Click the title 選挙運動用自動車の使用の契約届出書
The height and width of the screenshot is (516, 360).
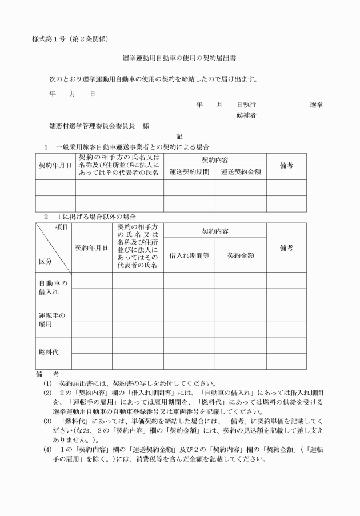click(179, 58)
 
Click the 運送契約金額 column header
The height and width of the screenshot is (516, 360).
click(241, 171)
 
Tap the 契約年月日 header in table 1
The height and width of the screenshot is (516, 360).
click(55, 166)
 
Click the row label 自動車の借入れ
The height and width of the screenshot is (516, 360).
click(53, 288)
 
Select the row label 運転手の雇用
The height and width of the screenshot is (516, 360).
click(53, 320)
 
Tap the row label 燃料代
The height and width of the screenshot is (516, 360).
click(49, 353)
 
